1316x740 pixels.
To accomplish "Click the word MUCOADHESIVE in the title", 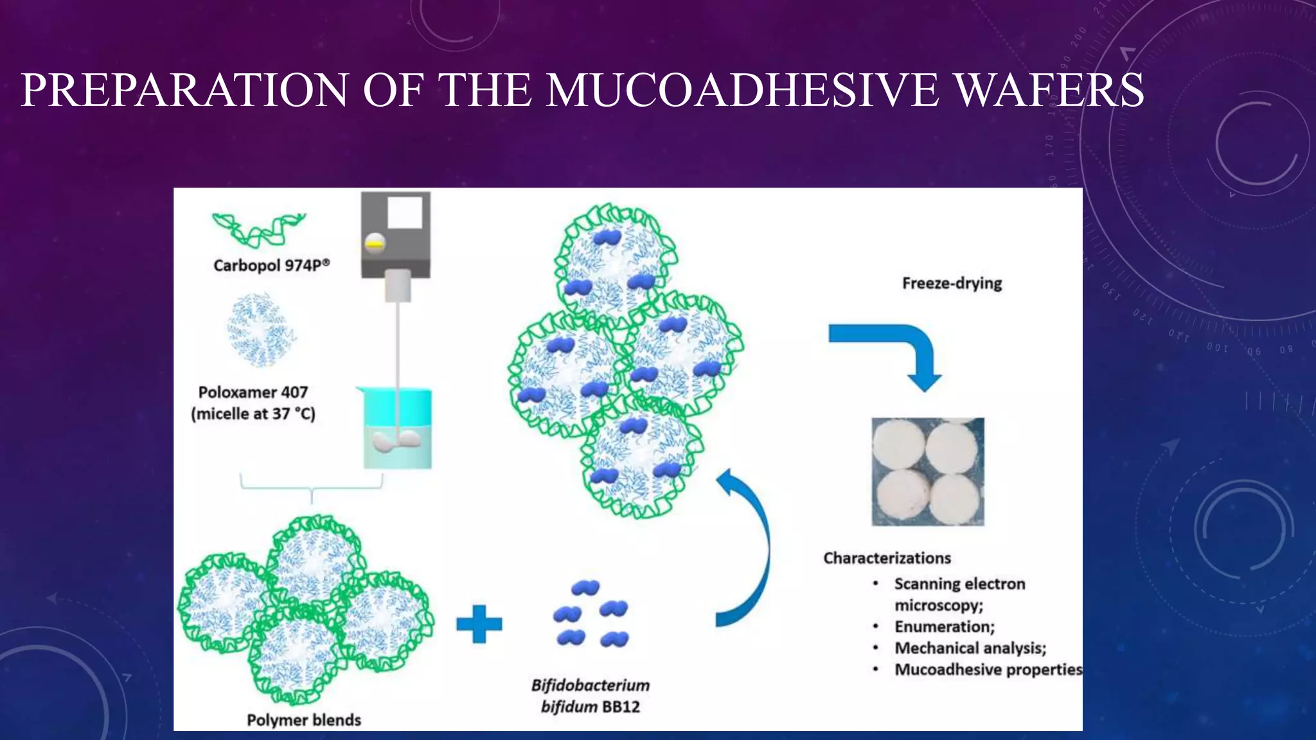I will coord(742,90).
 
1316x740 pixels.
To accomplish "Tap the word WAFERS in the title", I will coord(1049,90).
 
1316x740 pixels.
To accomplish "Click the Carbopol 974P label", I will coord(271,265).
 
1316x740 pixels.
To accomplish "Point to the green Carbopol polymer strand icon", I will coord(258,229).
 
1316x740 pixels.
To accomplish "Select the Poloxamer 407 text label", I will coord(253,392).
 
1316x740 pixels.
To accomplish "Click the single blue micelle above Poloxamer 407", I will coord(260,330).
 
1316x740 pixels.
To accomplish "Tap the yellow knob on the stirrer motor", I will coord(375,244).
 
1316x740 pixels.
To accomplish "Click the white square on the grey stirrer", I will coord(405,213).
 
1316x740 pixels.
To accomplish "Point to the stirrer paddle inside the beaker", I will coord(397,441).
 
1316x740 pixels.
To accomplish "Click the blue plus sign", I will coord(479,624).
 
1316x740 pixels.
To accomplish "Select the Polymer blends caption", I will coord(304,720).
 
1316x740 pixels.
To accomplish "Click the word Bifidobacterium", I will coord(590,685).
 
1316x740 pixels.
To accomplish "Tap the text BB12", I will coord(621,707).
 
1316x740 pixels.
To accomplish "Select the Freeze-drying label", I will coord(952,283).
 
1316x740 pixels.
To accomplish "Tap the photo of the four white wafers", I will coord(927,471).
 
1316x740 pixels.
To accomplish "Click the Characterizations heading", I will coord(887,558).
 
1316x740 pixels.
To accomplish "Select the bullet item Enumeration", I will coord(944,627).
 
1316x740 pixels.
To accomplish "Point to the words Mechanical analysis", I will coord(970,648).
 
